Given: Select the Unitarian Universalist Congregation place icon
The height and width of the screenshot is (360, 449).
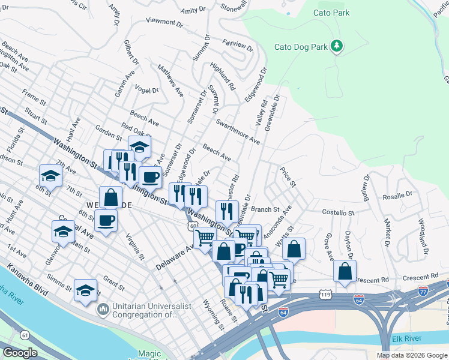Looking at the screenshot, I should (x=103, y=310).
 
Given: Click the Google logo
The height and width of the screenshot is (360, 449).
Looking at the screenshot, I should (x=20, y=353).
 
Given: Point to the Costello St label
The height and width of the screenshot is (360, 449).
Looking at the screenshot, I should (x=340, y=213).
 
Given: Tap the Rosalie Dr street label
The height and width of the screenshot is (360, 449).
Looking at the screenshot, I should (x=397, y=196).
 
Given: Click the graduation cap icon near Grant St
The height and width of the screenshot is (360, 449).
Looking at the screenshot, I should (x=85, y=290).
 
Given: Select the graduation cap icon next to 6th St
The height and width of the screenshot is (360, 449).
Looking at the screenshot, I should (x=50, y=175).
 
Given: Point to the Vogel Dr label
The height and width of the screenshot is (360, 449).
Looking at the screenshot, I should (x=147, y=91).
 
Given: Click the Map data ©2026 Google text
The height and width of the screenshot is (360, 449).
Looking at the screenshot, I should (x=411, y=355).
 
